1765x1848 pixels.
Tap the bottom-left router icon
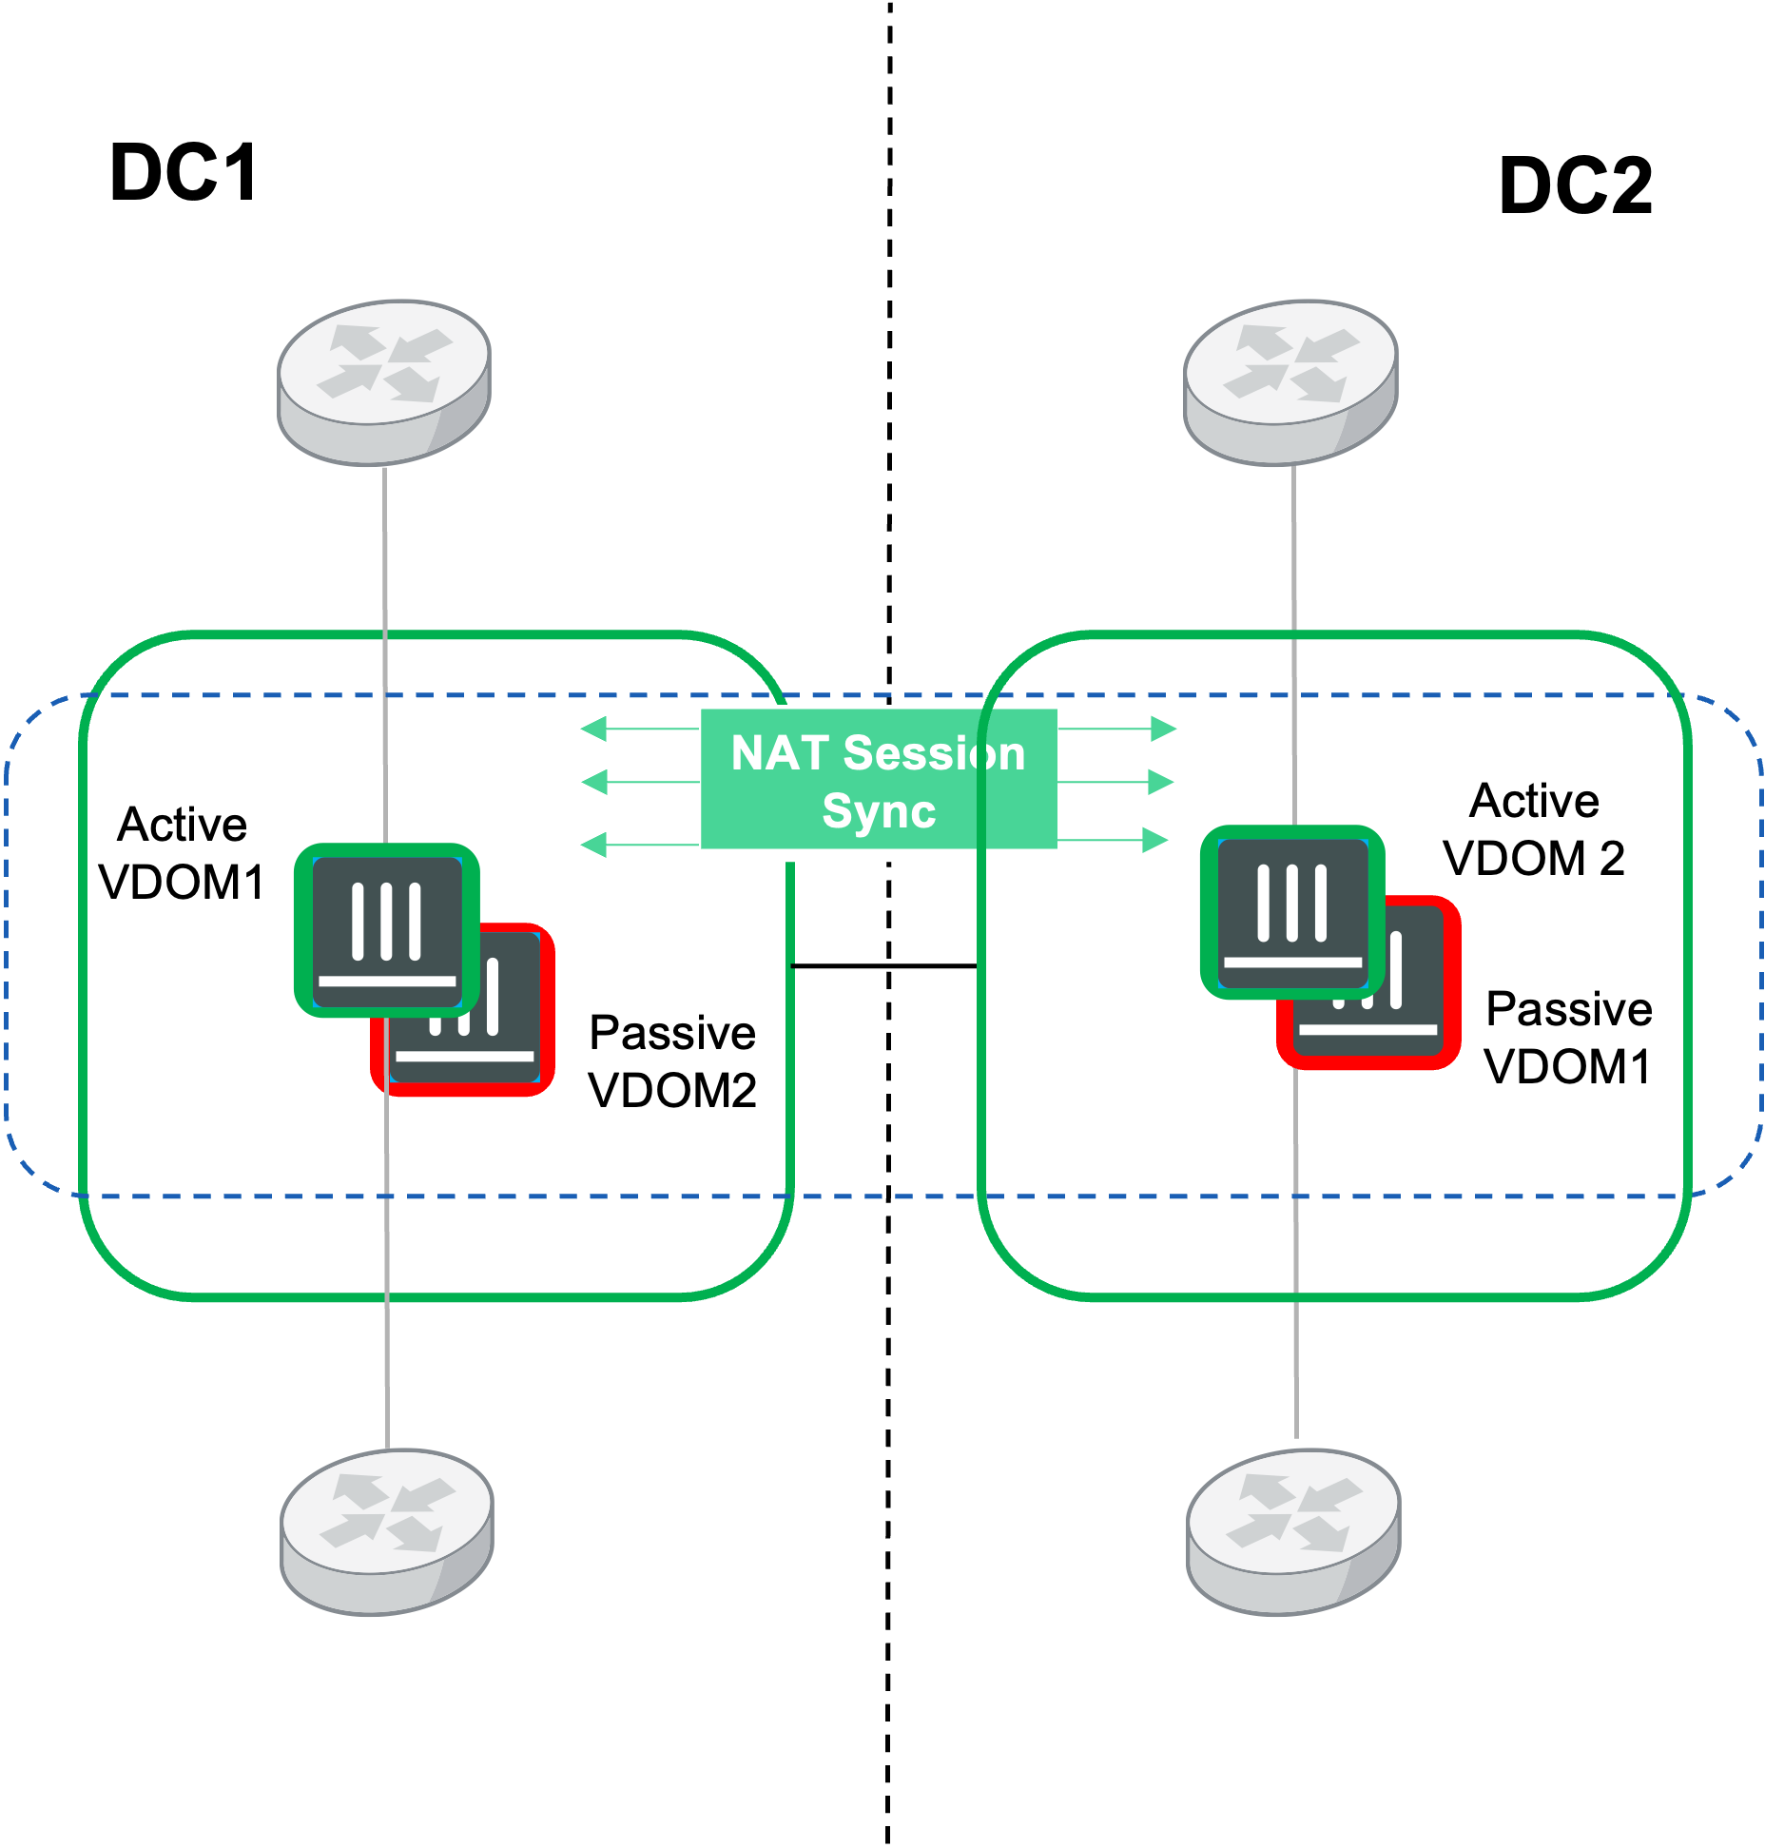[x=387, y=1531]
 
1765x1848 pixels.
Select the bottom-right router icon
[x=1293, y=1531]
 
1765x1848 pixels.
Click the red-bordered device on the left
[x=504, y=1046]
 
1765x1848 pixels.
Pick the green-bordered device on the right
[x=1292, y=911]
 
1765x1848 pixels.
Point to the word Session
[x=934, y=753]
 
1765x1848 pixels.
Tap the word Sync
[x=879, y=811]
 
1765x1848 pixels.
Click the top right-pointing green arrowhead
[x=1164, y=729]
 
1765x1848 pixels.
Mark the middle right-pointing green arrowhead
[x=1161, y=782]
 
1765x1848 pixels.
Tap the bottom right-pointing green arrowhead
[x=1155, y=840]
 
